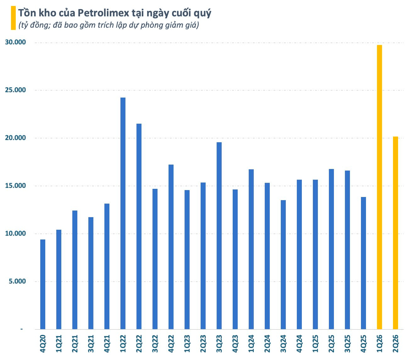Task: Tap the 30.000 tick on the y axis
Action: tap(15, 42)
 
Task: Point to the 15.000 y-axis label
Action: tap(15, 186)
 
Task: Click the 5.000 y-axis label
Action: tap(17, 281)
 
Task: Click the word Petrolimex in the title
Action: tap(103, 13)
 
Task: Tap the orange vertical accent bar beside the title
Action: tap(13, 18)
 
